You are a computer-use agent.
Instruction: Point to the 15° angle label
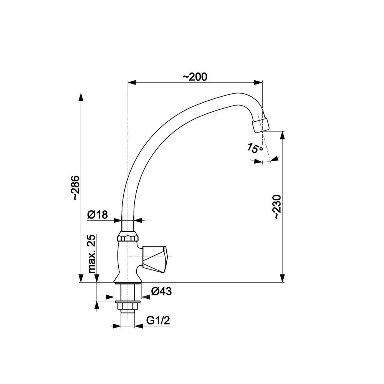[255, 148]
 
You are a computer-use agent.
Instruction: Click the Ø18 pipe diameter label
[97, 215]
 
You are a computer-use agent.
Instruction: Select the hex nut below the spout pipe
[128, 237]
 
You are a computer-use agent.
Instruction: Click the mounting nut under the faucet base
[127, 306]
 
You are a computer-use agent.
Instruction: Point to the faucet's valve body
[125, 261]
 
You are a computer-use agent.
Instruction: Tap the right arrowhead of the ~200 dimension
[258, 82]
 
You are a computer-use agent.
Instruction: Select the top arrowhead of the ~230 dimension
[283, 135]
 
